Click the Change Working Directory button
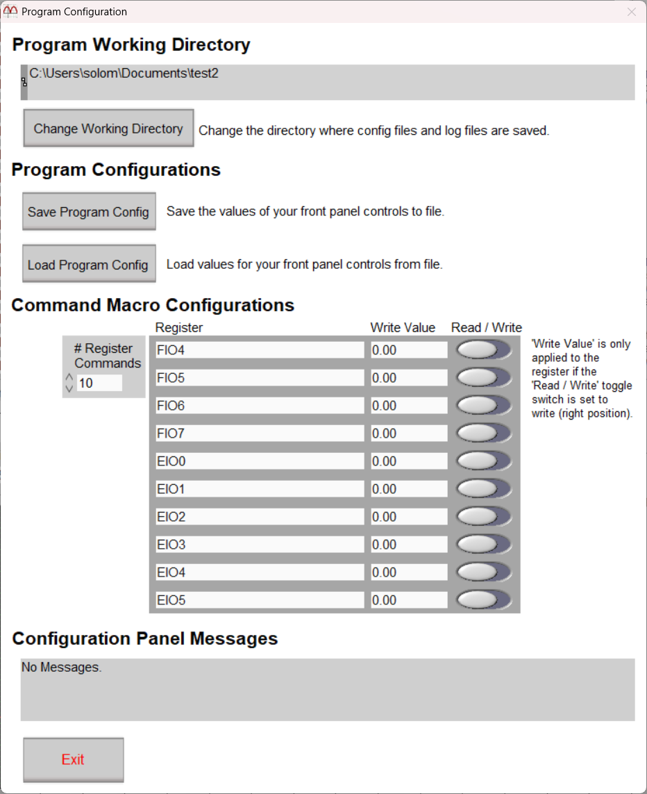tap(108, 129)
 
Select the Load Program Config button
tap(88, 265)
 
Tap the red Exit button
tap(73, 759)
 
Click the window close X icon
tap(631, 12)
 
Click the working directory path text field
tap(330, 82)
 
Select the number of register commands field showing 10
tap(99, 383)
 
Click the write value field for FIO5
tap(408, 378)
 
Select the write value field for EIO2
tap(408, 517)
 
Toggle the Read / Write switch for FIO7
tap(483, 433)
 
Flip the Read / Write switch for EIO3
tap(483, 545)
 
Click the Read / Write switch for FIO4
tap(483, 350)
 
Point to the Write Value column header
tap(403, 328)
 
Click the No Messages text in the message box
tap(62, 668)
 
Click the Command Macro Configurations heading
tap(153, 305)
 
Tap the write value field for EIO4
tap(408, 572)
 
